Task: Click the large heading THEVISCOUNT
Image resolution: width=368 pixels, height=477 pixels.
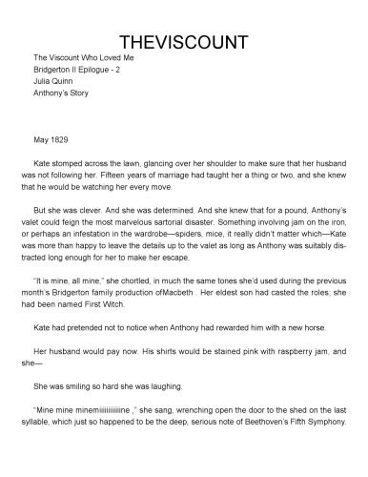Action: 183,43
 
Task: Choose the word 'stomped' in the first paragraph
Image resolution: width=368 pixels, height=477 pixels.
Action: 70,162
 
